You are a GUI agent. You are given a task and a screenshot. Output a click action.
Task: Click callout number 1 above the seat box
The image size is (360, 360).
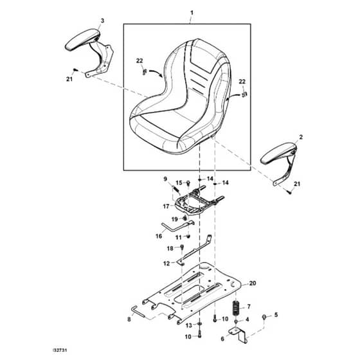pos(192,13)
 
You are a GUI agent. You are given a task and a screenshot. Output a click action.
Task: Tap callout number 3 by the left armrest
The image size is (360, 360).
pos(102,21)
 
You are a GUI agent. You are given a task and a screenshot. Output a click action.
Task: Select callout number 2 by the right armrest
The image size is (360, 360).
pos(301,137)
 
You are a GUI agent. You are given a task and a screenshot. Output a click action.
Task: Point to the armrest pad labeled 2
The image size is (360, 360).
pos(278,153)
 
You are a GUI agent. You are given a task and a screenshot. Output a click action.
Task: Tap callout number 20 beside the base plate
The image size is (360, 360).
pos(253,283)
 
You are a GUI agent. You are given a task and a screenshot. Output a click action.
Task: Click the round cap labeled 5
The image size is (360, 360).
pos(264,317)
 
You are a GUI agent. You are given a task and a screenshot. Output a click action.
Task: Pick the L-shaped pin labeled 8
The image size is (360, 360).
pos(138,312)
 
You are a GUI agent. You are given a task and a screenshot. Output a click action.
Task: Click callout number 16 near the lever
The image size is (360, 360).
pos(159,236)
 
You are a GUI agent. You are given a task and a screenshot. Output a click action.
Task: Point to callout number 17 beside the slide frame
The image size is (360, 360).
pos(166,206)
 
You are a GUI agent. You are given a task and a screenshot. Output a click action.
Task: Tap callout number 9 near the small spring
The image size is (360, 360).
pos(165,179)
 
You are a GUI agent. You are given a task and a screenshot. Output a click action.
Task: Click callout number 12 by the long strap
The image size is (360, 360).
pos(166,264)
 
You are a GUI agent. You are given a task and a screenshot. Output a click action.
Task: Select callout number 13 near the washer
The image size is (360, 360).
pos(189,325)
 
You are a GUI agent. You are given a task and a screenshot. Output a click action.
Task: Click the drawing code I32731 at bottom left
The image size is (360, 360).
pos(60,350)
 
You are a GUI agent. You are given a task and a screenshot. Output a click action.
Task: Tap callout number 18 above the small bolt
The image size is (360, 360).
pos(170,248)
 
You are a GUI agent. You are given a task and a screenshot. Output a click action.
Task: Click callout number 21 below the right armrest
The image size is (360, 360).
pos(297,184)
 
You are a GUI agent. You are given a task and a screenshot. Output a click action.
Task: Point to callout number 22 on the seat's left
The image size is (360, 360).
pos(139,60)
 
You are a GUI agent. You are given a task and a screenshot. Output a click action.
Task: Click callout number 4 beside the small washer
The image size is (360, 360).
pos(247,319)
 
